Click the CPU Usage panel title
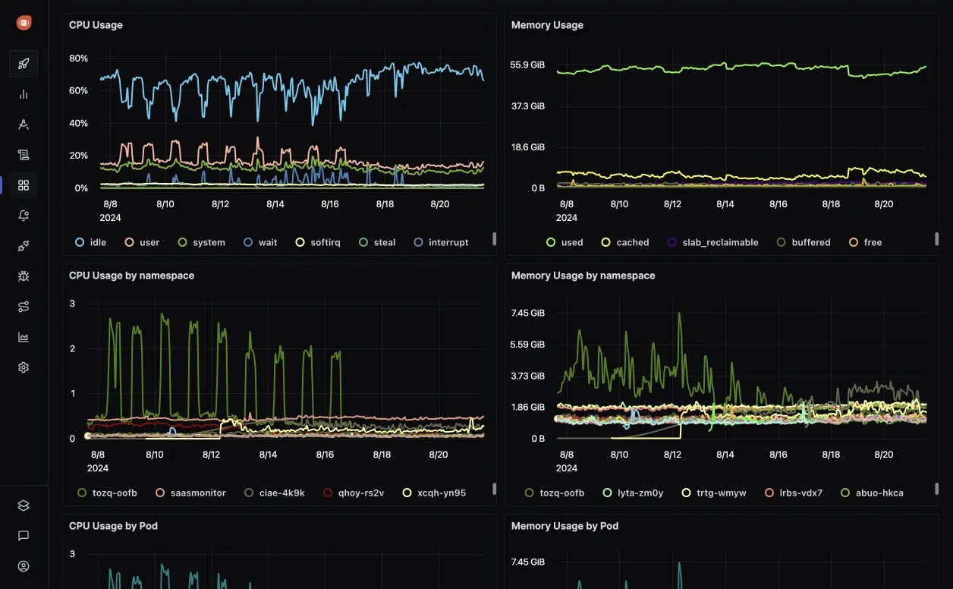(96, 25)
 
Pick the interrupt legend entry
(441, 242)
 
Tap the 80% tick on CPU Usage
(79, 58)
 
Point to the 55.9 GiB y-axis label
(527, 65)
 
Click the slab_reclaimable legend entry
(712, 242)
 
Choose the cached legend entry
(625, 242)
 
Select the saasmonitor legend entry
(190, 493)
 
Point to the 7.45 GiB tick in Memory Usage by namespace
(527, 313)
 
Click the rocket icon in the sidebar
(24, 64)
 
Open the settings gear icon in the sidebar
(24, 367)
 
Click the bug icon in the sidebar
(24, 276)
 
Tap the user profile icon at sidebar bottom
(24, 566)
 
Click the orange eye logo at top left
(24, 23)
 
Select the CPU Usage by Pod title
(113, 526)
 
